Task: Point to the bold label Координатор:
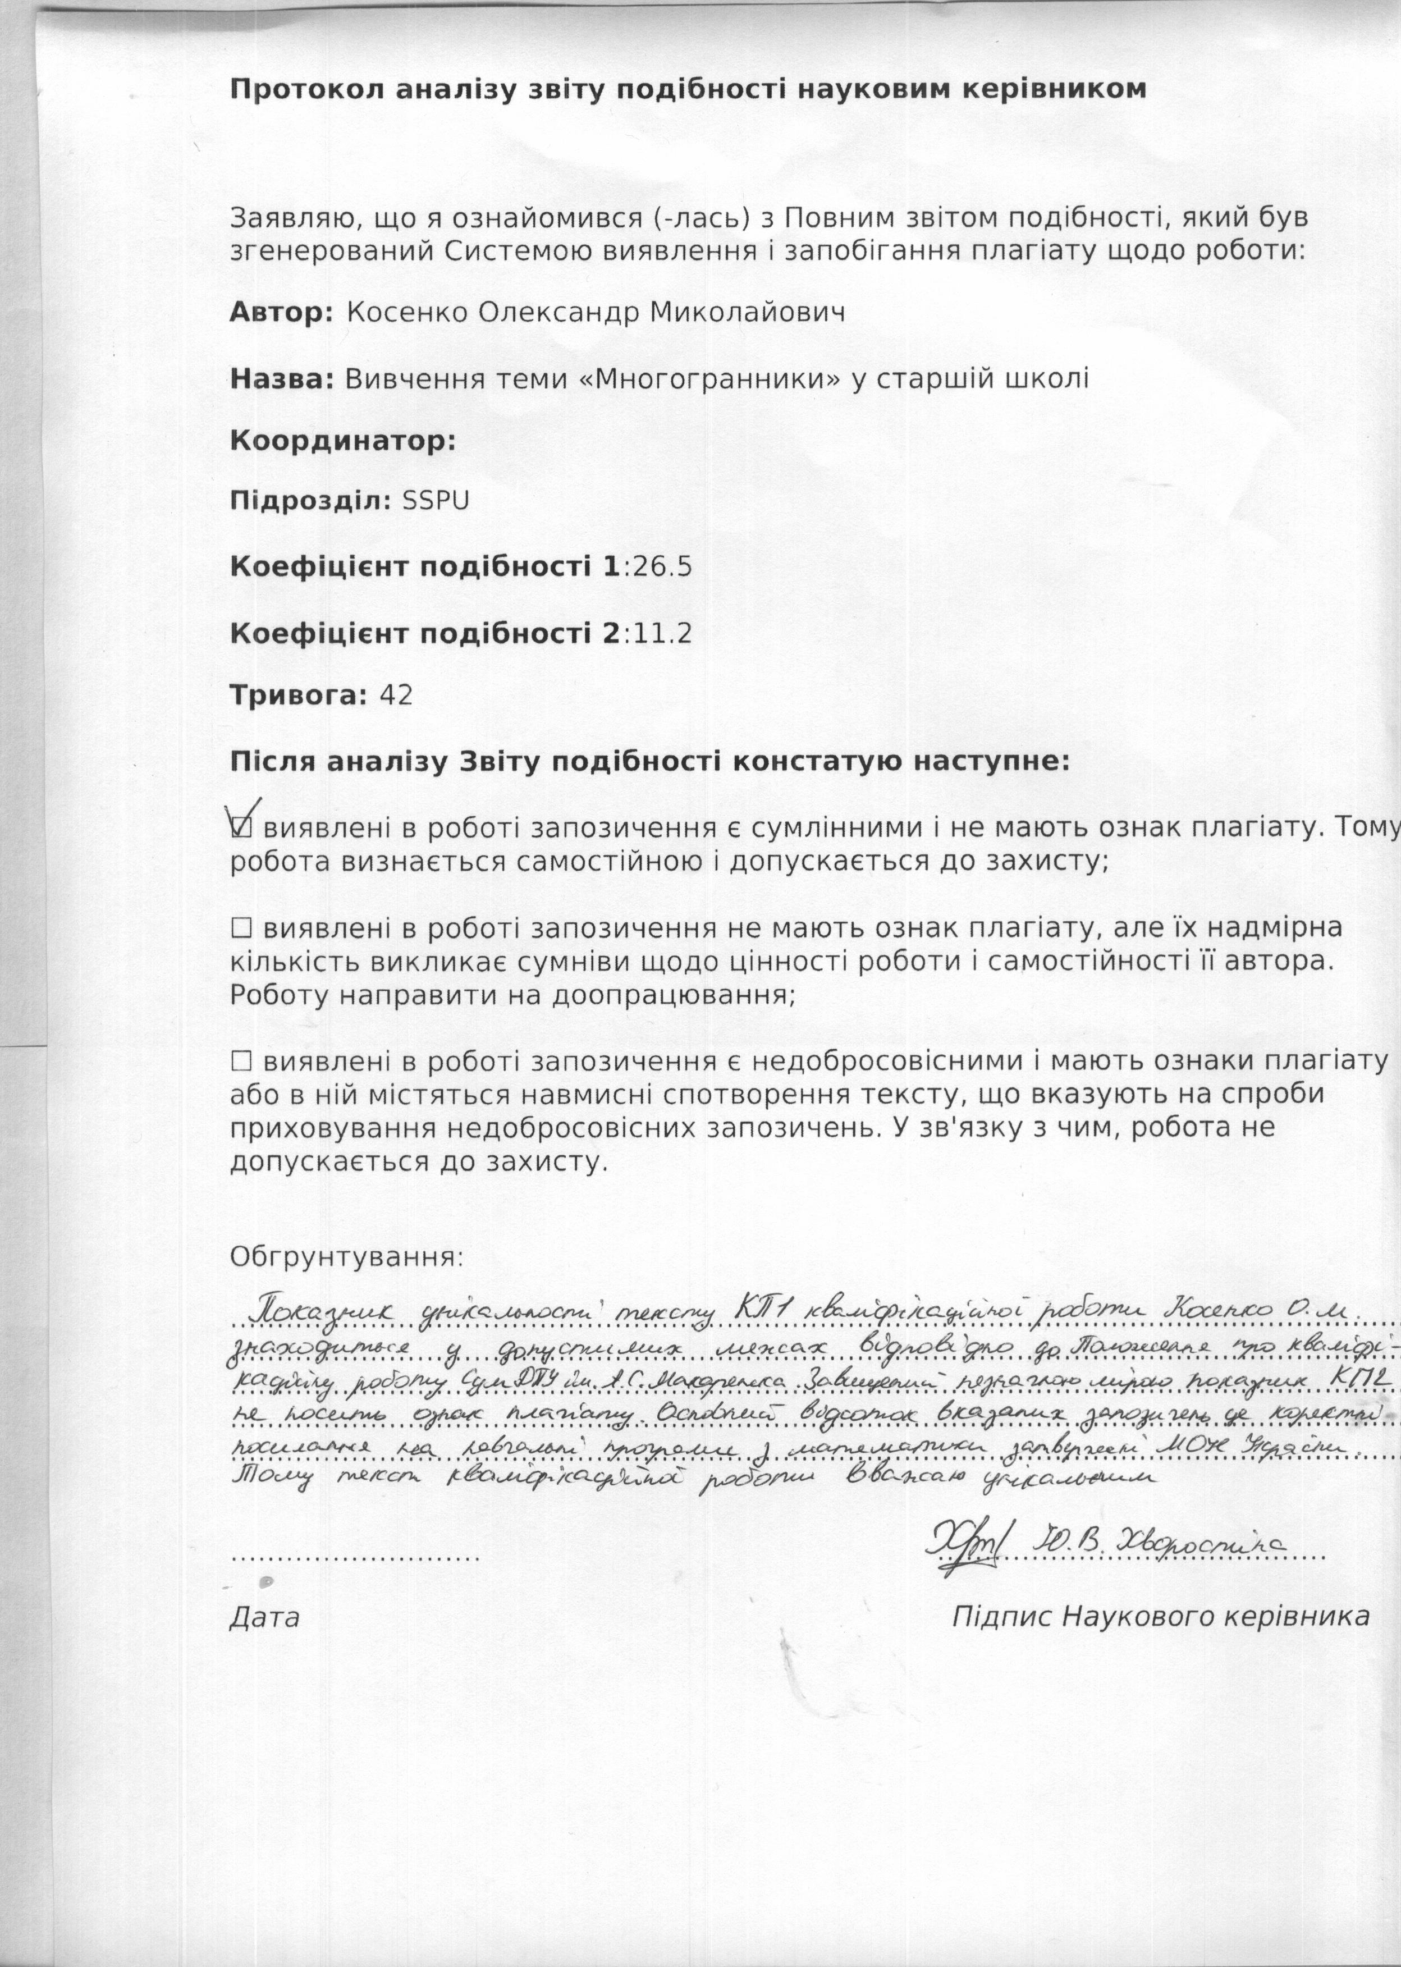(x=342, y=442)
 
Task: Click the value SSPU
(x=436, y=501)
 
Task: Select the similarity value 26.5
(x=662, y=567)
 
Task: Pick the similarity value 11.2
(x=662, y=634)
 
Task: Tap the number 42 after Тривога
(x=396, y=696)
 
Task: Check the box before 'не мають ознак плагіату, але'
(x=241, y=928)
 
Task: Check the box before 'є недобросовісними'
(x=241, y=1060)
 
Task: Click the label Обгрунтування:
(x=346, y=1257)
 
